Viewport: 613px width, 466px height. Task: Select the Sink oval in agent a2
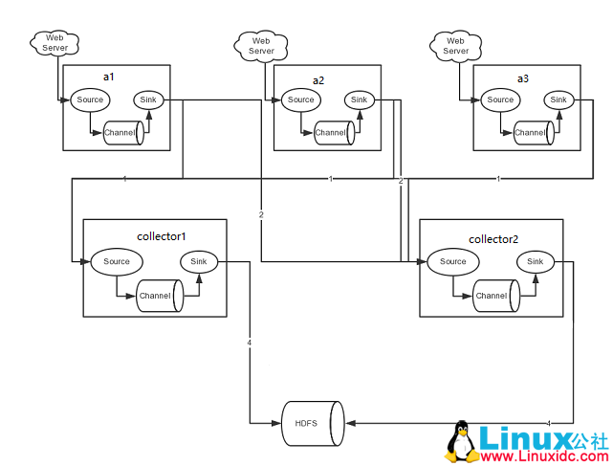coord(359,100)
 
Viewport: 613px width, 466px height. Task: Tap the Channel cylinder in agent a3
coord(532,133)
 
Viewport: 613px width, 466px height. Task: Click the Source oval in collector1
coord(117,262)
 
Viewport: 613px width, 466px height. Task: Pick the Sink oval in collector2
coord(535,262)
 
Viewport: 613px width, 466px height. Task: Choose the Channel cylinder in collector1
coord(158,296)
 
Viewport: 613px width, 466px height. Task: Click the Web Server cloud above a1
coord(55,42)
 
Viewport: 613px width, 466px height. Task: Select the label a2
coord(319,80)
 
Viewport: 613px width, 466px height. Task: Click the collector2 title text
coord(493,239)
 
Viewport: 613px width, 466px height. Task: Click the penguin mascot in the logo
coord(462,442)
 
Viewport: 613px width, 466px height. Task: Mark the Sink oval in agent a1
coord(147,100)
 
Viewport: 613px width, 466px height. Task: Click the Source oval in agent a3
coord(500,100)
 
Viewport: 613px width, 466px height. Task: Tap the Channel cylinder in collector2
coord(494,296)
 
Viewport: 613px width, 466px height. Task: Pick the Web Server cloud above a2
coord(261,44)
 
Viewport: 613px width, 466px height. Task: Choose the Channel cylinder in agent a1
coord(123,133)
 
